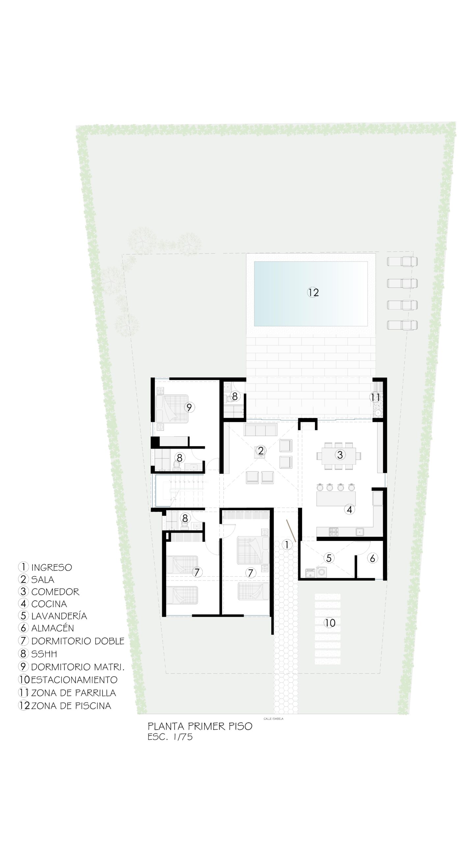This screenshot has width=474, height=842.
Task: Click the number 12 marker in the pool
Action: click(x=313, y=292)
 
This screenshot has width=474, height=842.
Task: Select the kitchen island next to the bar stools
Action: click(x=336, y=499)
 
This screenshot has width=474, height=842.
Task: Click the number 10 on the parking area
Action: click(x=329, y=623)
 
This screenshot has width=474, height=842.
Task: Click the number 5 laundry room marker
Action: click(x=329, y=558)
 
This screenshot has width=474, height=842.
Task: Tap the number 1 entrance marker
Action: click(x=287, y=545)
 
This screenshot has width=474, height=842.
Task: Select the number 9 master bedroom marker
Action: click(x=189, y=407)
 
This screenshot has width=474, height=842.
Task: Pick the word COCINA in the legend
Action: click(x=49, y=604)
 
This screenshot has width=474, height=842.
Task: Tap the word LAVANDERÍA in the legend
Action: click(x=59, y=616)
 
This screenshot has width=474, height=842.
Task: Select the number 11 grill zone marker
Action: click(x=376, y=397)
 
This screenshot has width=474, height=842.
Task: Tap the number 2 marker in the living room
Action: click(x=261, y=451)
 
